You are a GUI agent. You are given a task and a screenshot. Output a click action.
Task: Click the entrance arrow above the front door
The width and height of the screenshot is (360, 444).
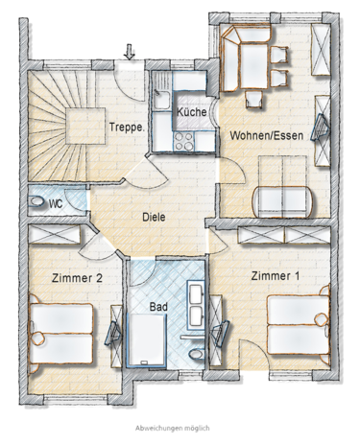coord(130,52)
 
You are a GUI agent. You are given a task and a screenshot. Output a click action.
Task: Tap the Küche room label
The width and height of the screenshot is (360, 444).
coord(192,112)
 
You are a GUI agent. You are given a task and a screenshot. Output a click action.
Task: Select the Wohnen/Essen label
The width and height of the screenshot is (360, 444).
coord(267,135)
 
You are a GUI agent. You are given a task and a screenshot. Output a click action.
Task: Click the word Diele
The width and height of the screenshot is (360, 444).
coord(154,217)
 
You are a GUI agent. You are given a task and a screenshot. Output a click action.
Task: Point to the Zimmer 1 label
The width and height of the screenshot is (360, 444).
coord(275,276)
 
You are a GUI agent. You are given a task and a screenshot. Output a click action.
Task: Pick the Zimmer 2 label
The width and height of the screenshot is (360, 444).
coord(77,278)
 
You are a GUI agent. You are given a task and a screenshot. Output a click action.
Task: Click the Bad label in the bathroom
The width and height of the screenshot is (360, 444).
coord(158,307)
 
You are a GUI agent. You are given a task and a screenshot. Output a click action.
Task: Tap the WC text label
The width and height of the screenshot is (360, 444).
coord(56,203)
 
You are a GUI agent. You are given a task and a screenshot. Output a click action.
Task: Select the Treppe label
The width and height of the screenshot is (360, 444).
coord(127,128)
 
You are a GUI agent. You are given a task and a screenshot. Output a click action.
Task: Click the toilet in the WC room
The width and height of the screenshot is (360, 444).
coord(36,202)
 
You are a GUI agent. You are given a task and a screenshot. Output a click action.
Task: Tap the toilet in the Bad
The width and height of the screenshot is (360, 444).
coord(196,354)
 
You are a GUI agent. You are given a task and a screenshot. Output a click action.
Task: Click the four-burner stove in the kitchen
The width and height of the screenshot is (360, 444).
coord(183,141)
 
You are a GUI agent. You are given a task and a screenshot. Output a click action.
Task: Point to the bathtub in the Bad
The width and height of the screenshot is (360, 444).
coord(147,339)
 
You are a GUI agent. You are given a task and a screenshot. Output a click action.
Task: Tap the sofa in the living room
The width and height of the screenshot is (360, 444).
coord(283,201)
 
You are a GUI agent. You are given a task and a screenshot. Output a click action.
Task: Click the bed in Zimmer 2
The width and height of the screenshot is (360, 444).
coord(60,334)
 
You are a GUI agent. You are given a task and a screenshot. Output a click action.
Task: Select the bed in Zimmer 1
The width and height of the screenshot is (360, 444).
coord(299,325)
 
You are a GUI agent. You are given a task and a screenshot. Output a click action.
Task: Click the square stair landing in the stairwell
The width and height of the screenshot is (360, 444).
coord(85,126)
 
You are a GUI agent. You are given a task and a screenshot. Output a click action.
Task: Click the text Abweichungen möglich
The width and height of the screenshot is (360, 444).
coord(173,428)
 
